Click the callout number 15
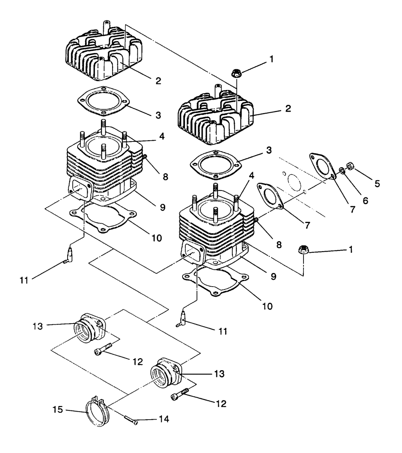58,409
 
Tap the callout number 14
164,419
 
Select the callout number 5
377,183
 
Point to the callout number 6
365,201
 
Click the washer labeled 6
342,170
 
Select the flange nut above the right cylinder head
236,73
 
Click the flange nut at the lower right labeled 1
303,249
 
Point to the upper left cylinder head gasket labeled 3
103,102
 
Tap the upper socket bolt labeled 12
103,348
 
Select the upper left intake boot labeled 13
90,328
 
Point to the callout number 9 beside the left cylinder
162,207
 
